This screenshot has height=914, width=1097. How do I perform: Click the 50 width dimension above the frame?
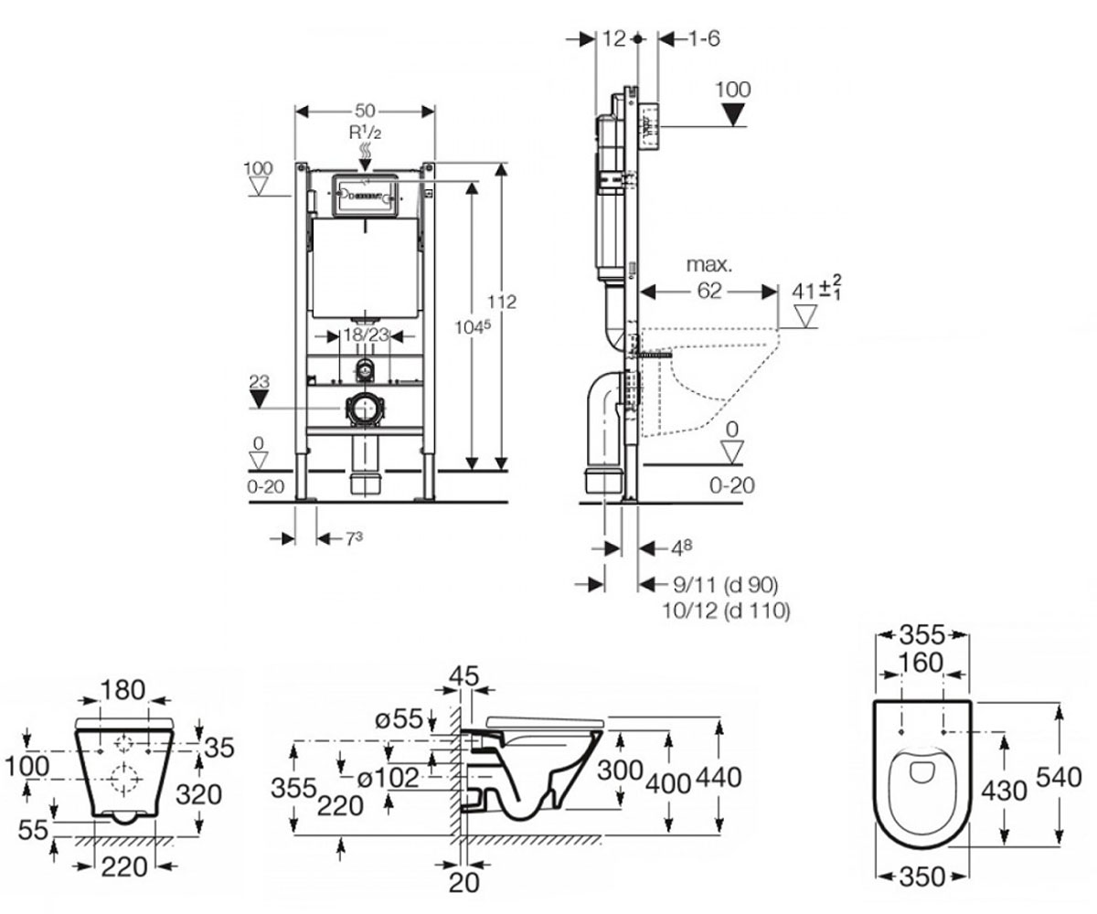click(365, 111)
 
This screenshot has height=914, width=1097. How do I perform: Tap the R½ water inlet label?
click(365, 133)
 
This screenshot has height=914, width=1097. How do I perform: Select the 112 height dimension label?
click(502, 302)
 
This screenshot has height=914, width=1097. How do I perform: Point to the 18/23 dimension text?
click(366, 335)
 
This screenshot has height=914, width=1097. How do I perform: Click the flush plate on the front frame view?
click(366, 195)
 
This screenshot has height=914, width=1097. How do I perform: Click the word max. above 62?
click(709, 265)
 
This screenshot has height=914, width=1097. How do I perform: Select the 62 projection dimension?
click(709, 291)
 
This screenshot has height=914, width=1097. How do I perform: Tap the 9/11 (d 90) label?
click(726, 584)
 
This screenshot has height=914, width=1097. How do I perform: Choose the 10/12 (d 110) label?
click(726, 611)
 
